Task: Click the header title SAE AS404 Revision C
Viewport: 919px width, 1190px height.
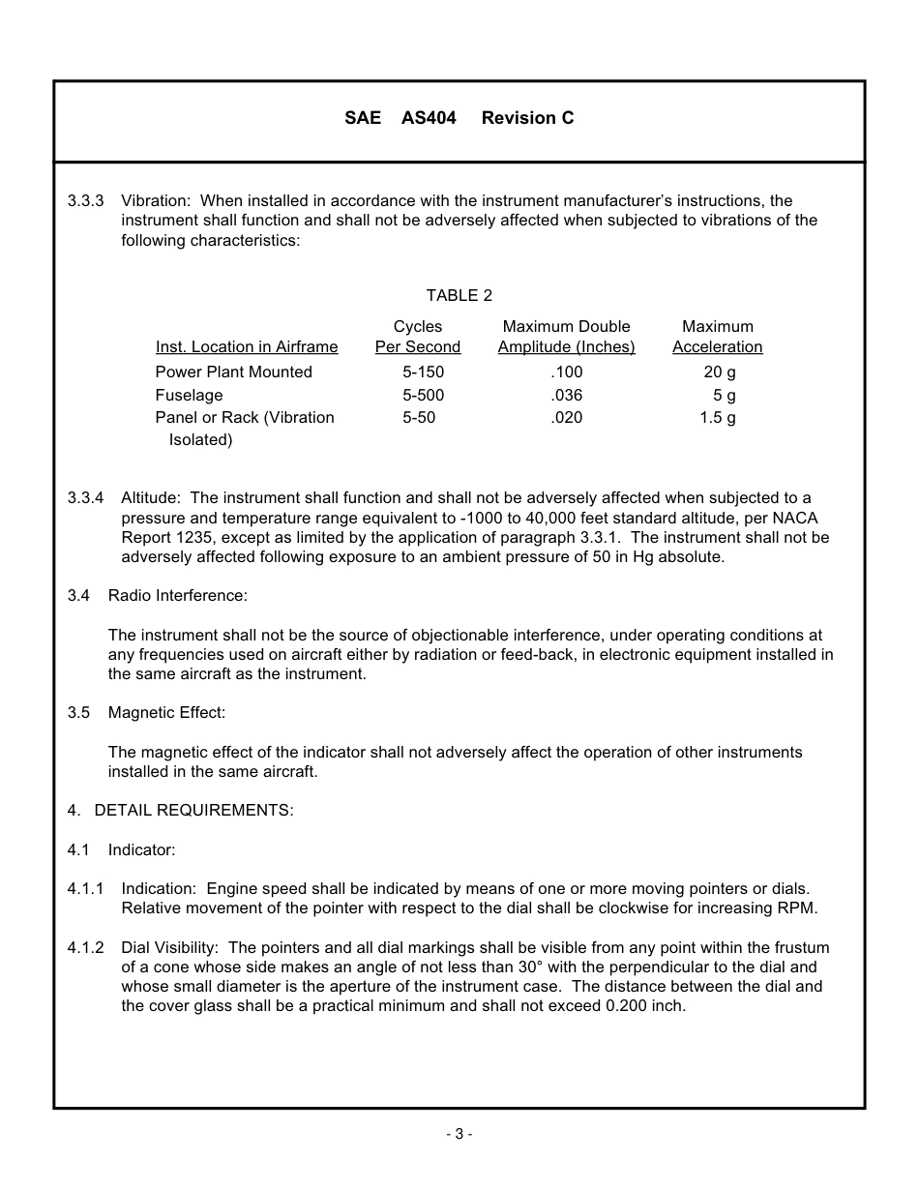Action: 459,118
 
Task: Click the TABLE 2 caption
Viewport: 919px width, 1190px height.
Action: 459,296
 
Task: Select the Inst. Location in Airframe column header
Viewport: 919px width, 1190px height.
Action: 247,347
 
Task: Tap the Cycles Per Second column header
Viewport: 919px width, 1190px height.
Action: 418,337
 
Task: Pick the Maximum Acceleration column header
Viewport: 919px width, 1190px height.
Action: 717,337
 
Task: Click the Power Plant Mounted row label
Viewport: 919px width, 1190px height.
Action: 233,372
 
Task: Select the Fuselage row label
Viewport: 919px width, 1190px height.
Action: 189,396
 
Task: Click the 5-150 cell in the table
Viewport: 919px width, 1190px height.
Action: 423,372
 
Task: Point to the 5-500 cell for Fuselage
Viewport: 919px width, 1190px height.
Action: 423,396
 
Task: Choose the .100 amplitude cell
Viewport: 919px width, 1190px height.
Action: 566,372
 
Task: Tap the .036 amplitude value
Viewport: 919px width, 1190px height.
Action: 566,396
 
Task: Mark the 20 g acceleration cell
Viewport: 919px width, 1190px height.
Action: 719,372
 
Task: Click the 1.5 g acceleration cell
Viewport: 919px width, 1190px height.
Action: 717,418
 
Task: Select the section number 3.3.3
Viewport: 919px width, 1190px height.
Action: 85,201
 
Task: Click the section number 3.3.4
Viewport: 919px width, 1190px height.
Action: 85,498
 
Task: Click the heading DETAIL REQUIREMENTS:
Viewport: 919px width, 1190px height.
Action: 193,811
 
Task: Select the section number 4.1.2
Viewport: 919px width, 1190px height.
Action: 85,948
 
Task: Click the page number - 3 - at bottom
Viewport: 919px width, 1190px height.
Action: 459,1135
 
